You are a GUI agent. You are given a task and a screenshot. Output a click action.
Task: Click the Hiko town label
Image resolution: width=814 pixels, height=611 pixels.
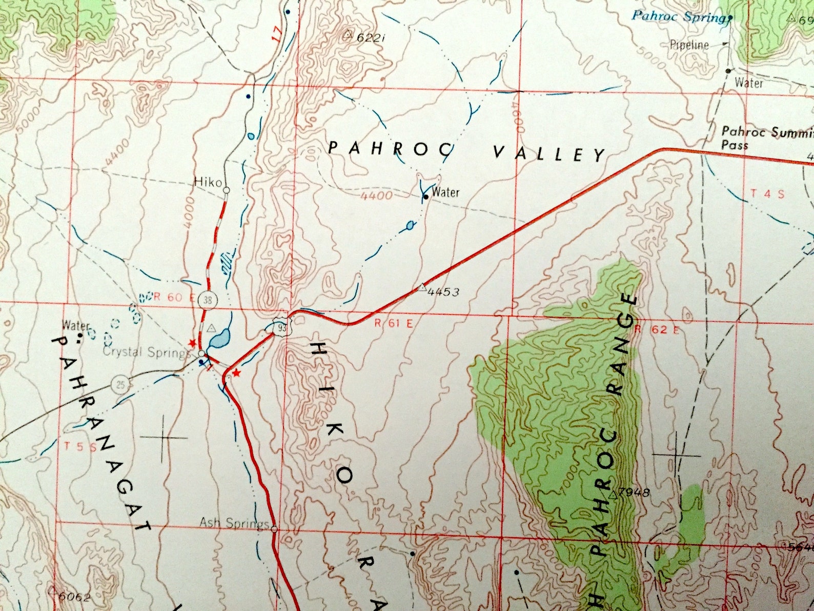coord(208,182)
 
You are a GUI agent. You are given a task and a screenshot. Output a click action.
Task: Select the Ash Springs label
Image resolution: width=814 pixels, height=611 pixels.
coord(234,523)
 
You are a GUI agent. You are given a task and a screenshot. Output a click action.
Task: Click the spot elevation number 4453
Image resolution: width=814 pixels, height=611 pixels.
coord(443,292)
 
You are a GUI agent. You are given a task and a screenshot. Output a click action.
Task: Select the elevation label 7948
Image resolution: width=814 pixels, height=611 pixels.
coord(634,493)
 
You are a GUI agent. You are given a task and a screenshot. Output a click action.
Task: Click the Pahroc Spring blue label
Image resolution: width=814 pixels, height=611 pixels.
coord(678,16)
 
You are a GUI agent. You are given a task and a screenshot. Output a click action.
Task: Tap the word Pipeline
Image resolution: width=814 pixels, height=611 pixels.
coord(689,45)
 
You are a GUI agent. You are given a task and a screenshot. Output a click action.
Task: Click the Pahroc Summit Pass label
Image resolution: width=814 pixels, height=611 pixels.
coord(764,138)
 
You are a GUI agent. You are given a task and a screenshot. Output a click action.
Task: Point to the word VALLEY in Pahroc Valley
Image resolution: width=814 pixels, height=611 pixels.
coord(549,153)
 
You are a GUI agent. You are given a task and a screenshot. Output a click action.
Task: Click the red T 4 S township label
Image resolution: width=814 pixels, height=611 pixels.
coord(767,194)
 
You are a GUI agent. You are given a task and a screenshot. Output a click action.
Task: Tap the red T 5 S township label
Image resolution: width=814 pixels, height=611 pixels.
coord(81,446)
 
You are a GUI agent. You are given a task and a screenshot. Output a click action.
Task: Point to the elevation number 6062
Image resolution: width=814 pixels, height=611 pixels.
coord(74,597)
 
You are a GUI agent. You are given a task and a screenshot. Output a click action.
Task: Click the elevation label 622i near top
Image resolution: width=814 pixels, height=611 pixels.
coord(370,37)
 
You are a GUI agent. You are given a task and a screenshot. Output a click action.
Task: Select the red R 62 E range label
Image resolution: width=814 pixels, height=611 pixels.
coord(657,329)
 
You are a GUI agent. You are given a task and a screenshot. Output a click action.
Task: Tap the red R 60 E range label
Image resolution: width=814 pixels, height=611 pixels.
coord(168,297)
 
